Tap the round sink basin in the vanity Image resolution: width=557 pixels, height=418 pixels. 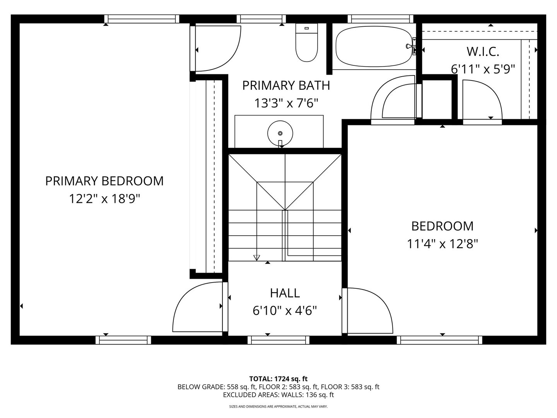point(280,133)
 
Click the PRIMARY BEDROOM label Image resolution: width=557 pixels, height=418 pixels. point(104,181)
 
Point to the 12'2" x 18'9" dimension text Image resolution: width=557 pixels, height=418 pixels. point(104,199)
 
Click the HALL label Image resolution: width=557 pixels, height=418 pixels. point(285,293)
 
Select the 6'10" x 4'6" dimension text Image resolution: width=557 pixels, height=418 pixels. point(285,310)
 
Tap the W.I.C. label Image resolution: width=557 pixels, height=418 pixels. point(483,51)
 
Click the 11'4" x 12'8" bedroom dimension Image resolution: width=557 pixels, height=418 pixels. point(443,244)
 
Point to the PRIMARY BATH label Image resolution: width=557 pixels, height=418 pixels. point(286,86)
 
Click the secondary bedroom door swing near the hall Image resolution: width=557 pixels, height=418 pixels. point(369,310)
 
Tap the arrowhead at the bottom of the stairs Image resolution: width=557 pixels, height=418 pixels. point(256,258)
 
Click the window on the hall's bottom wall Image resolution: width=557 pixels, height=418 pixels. point(278,340)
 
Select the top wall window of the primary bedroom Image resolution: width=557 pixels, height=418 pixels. point(142,19)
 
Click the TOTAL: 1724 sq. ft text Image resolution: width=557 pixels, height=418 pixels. point(278,379)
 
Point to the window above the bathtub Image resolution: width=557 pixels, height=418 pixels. point(378,19)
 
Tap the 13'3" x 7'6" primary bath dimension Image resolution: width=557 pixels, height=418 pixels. point(286,103)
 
